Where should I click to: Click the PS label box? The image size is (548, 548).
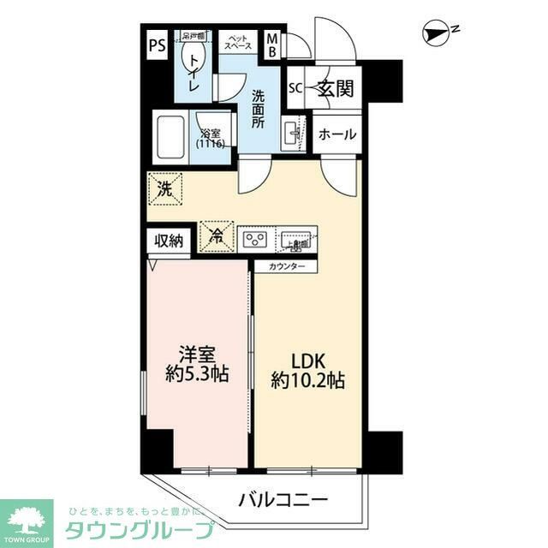[156, 44]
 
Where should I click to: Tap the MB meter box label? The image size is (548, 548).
[271, 44]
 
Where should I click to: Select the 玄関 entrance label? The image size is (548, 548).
[334, 86]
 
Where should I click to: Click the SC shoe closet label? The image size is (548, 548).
[295, 87]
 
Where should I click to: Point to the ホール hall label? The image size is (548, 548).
[337, 134]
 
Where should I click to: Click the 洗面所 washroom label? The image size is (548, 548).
[258, 109]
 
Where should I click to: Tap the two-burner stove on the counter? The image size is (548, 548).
[256, 238]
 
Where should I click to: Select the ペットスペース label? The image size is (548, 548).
[237, 41]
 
